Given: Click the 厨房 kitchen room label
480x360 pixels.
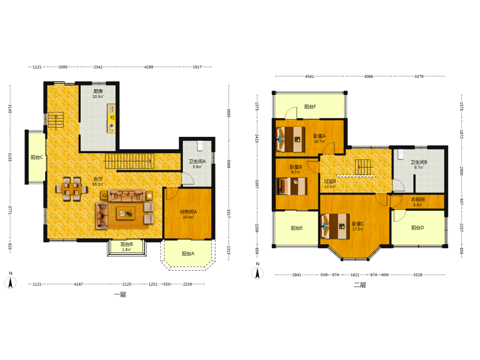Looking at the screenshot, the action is coord(98,91).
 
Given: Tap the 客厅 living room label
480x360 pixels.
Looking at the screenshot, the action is coord(98,179).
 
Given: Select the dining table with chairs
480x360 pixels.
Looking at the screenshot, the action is coord(72,189).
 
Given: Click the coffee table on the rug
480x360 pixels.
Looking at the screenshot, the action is coord(126,213).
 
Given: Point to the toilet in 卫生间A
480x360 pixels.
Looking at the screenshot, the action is coord(200,146).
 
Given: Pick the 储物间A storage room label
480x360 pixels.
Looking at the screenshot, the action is coord(188,212).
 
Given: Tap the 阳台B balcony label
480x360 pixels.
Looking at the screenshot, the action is coord(126,244).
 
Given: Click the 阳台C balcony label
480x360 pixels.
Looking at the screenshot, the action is coord(37,157).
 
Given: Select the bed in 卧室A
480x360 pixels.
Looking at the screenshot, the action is coord(290,139).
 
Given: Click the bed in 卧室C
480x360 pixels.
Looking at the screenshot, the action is coord(335,226).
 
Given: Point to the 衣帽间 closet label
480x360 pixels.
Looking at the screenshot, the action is coord(418,200).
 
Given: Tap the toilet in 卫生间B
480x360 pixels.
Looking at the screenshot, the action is coord(400,154).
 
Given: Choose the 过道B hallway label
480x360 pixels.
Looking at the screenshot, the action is coord(330,181).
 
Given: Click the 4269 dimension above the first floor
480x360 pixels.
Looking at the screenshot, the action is coord(149,67).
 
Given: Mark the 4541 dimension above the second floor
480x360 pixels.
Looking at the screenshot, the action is coord(310,76).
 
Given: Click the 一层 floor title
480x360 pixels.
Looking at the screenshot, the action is coord(120,295).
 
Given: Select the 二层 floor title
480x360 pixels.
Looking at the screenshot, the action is coord(360,285).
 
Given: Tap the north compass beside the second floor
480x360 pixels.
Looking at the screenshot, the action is coord(257,273).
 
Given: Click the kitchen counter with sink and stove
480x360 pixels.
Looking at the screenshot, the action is coord(111,119).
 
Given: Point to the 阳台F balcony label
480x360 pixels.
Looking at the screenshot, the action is coord(310,107).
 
